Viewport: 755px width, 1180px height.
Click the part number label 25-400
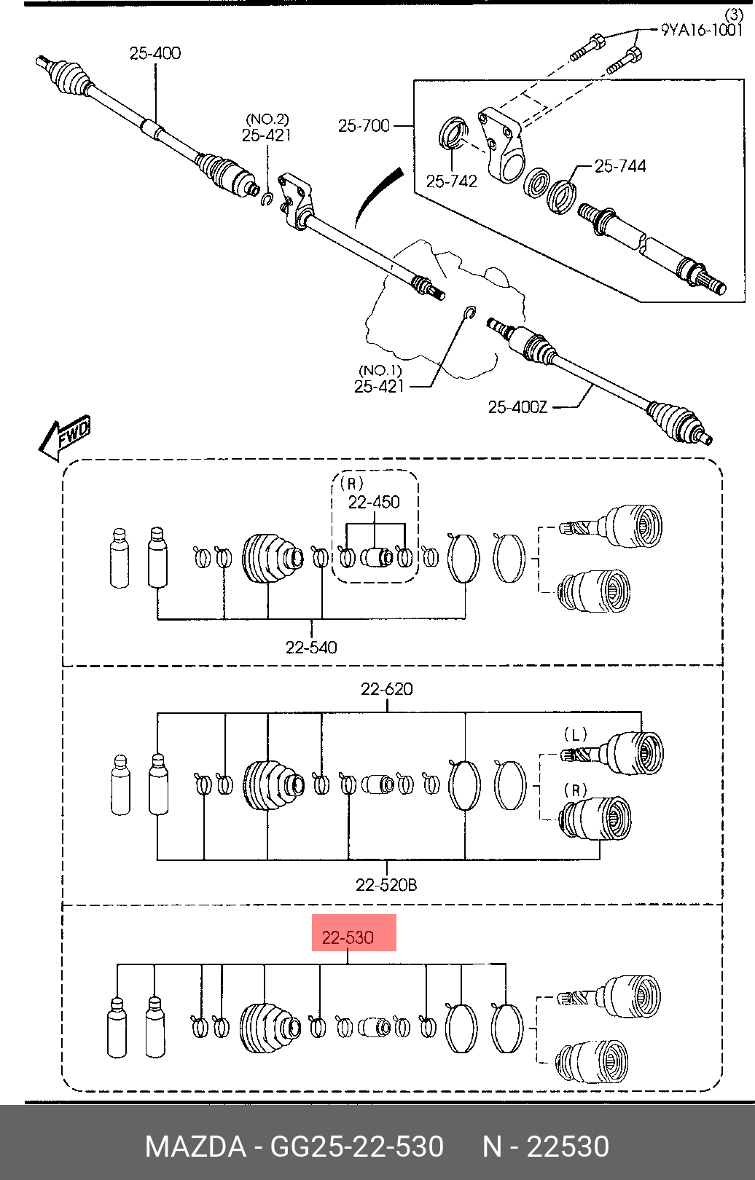[x=155, y=53]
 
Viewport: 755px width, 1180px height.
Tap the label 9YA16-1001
[x=701, y=29]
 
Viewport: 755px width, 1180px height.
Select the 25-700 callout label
[x=364, y=125]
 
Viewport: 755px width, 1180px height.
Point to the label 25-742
[x=451, y=181]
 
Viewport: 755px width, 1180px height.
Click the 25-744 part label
[x=620, y=166]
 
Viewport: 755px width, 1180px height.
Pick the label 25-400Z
[x=517, y=407]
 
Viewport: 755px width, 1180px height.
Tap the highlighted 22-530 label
[x=348, y=937]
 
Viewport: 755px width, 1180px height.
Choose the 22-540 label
[x=311, y=647]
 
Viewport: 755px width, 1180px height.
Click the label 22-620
[x=386, y=688]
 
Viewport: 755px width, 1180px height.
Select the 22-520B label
[x=386, y=885]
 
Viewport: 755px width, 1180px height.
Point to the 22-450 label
[x=374, y=502]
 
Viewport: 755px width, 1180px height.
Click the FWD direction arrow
[x=65, y=437]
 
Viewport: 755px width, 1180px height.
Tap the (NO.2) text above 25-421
[x=267, y=119]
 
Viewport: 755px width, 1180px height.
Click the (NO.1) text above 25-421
[x=380, y=370]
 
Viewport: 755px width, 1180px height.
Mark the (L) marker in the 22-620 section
[x=575, y=733]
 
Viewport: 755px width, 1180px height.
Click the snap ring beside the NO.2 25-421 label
[x=267, y=199]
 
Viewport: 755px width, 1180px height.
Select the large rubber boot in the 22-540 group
[x=272, y=559]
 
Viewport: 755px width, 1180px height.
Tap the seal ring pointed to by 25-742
[x=453, y=134]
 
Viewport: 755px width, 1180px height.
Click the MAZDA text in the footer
[x=195, y=1146]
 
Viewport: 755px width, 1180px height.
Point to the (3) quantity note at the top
[x=733, y=14]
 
